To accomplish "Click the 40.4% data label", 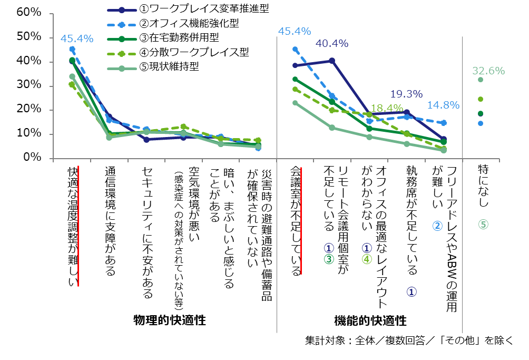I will click(332, 44).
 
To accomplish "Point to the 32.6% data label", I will click(488, 71).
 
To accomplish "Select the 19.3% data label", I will click(406, 94).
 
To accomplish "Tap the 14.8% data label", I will click(443, 105).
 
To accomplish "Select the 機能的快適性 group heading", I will click(370, 320).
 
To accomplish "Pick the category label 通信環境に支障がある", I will click(110, 221).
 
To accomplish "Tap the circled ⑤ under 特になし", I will click(483, 224).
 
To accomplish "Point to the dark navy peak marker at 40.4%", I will click(332, 61).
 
